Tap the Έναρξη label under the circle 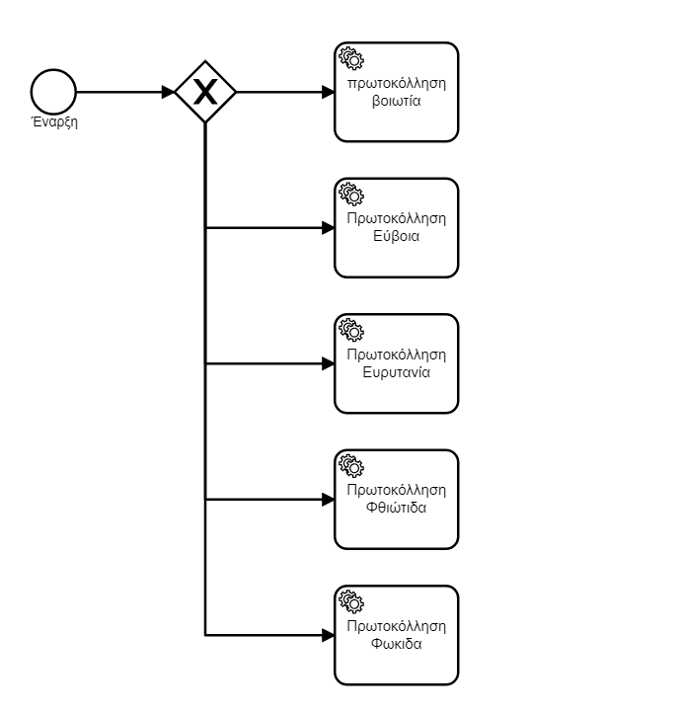tap(54, 122)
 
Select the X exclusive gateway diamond tap(205, 92)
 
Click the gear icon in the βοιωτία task tap(351, 58)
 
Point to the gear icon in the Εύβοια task tap(351, 194)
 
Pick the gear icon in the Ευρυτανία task tap(351, 330)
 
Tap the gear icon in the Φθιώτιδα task tap(351, 465)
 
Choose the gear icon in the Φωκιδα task tap(351, 601)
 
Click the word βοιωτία tap(397, 101)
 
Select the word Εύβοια tap(397, 236)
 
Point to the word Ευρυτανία tap(397, 372)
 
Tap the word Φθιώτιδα tap(397, 508)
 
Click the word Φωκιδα tap(397, 644)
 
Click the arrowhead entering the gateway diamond tap(169, 92)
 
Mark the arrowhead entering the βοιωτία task tap(329, 92)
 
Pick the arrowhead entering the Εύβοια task tap(329, 228)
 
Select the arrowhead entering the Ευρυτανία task tap(329, 363)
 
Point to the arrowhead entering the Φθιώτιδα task tap(329, 500)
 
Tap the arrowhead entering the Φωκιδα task tap(329, 635)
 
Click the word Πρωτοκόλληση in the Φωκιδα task tap(397, 626)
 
